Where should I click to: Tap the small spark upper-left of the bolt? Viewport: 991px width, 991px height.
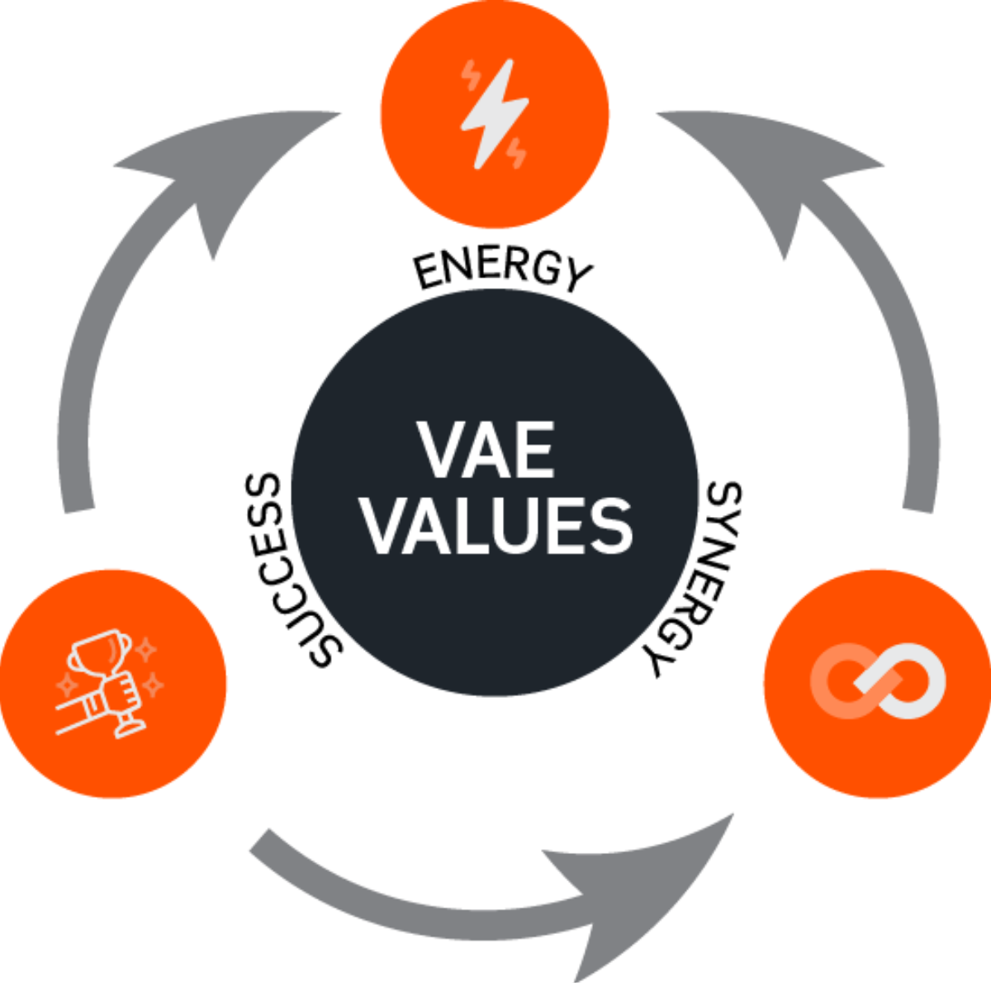tap(472, 75)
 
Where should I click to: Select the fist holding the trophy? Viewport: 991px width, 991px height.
tap(116, 690)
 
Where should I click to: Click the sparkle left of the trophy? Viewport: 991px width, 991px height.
tap(66, 685)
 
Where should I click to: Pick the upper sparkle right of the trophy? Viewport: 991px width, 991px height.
tap(146, 650)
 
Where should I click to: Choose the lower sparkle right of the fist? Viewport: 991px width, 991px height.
tap(154, 685)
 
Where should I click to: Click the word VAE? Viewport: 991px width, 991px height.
tap(486, 451)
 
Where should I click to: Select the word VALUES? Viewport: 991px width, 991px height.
tap(498, 526)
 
